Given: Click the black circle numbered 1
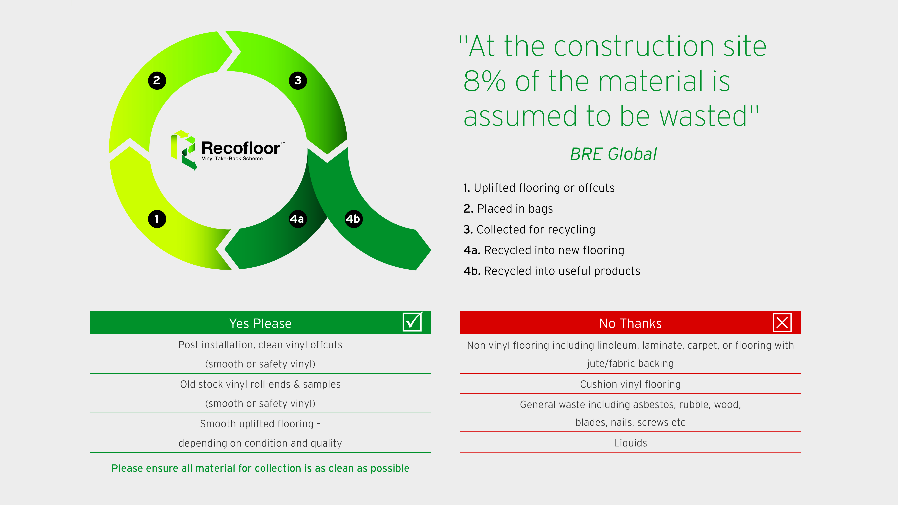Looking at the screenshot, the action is tap(157, 219).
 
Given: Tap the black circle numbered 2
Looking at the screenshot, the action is tap(157, 80).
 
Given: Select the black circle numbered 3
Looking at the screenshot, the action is tap(298, 80).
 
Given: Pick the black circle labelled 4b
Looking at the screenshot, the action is tap(353, 219).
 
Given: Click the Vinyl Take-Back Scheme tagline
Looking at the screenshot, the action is tap(232, 159).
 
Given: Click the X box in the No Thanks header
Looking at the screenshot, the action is tap(782, 322).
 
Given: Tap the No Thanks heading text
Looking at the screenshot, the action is tap(630, 323).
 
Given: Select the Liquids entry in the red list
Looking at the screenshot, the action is tap(630, 443).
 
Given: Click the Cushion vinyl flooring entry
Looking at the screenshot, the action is tap(630, 384).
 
